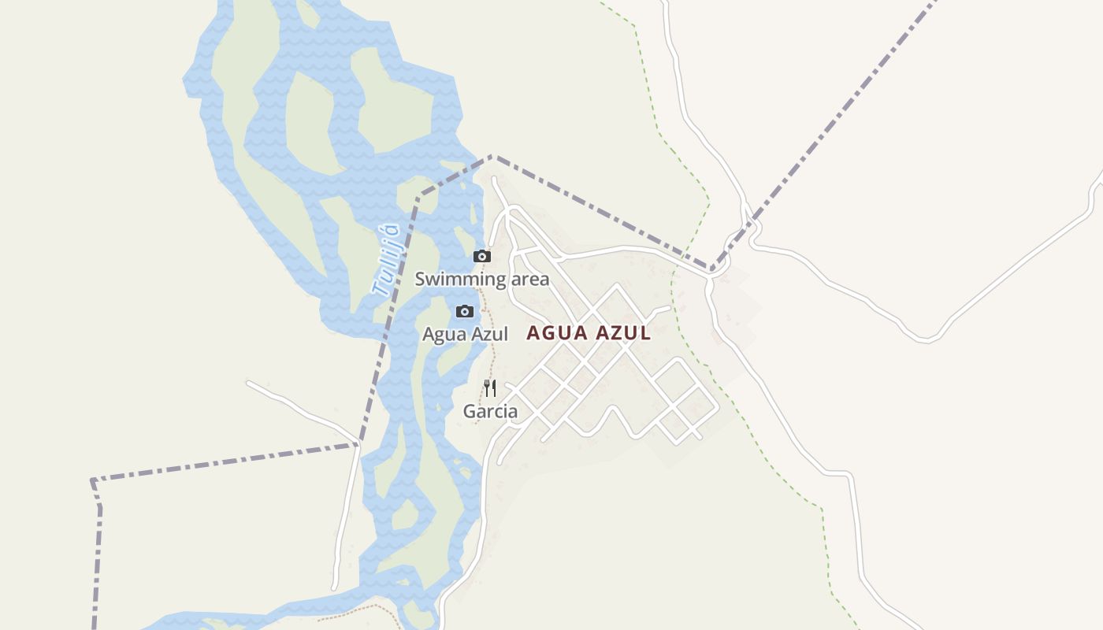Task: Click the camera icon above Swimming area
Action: pyautogui.click(x=482, y=256)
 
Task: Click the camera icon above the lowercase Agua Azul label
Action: pyautogui.click(x=465, y=311)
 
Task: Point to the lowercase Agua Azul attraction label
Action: pyautogui.click(x=465, y=334)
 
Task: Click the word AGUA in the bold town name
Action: pyautogui.click(x=557, y=333)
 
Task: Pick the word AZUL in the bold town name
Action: pyautogui.click(x=622, y=333)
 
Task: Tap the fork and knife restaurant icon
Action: pyautogui.click(x=490, y=387)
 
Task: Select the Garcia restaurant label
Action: pyautogui.click(x=490, y=411)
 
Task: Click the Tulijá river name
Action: pyautogui.click(x=386, y=260)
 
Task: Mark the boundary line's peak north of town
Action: pyautogui.click(x=492, y=156)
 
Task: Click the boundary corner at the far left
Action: pyautogui.click(x=92, y=480)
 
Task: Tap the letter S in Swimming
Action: pyautogui.click(x=420, y=279)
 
